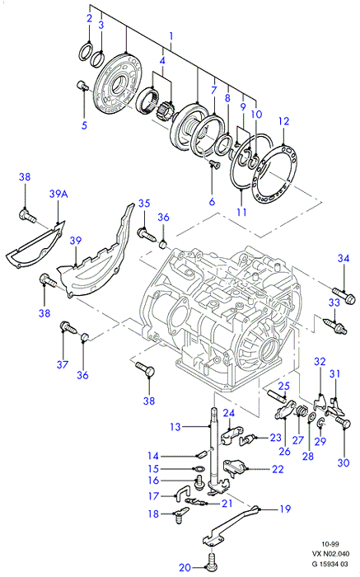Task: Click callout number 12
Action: tap(284, 121)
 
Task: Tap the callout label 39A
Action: tap(58, 194)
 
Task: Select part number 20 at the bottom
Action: tap(185, 567)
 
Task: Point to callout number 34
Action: tap(344, 258)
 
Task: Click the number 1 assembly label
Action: tap(171, 37)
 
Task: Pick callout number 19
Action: tap(285, 509)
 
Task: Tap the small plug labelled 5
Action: tap(83, 86)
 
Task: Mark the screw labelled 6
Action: tap(213, 164)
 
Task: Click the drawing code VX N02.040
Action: tap(330, 553)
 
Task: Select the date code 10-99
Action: tap(330, 544)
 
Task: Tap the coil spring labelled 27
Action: tap(301, 410)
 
